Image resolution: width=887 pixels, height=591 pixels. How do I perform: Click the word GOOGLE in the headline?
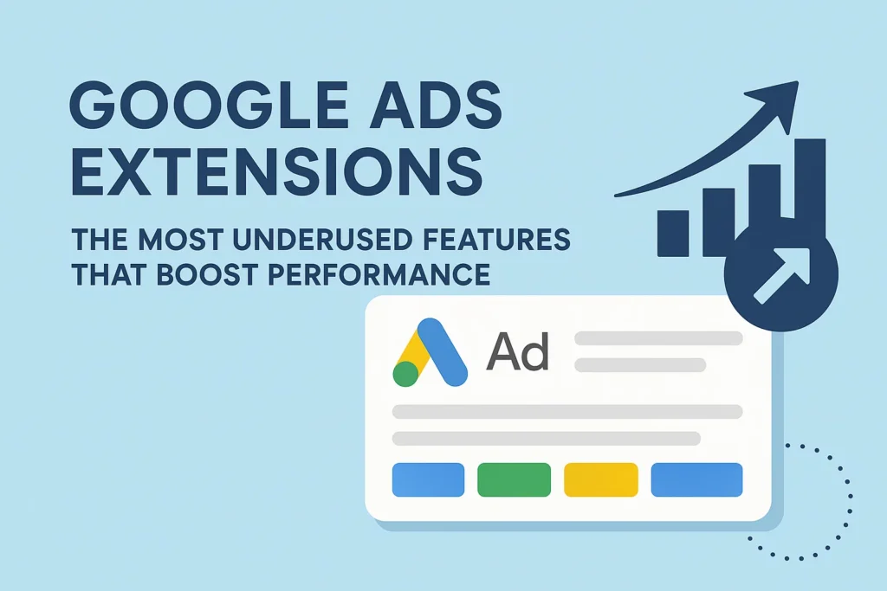click(208, 106)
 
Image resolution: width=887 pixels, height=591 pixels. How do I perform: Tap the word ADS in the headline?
click(435, 106)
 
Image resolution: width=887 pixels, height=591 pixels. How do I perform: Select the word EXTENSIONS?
click(276, 170)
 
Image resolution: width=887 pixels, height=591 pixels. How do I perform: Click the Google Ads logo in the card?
click(431, 352)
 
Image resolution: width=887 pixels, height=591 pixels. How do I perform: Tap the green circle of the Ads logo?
click(405, 374)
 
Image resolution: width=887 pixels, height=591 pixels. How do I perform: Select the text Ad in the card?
click(518, 351)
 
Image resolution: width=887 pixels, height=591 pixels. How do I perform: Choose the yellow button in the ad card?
click(601, 479)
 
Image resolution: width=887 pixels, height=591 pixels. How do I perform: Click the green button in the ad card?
click(515, 479)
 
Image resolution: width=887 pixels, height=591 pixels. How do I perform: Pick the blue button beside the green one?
click(428, 479)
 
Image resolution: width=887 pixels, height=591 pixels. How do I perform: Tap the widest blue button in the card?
click(697, 479)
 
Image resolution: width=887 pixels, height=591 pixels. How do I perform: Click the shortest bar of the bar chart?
click(673, 234)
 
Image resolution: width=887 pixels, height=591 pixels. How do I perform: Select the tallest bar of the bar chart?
click(810, 186)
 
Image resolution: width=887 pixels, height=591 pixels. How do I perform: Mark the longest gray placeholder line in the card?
click(567, 411)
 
